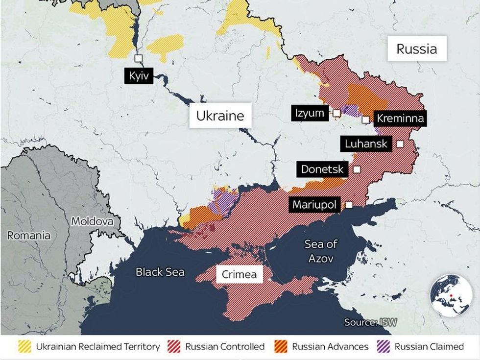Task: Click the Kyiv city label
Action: point(139,76)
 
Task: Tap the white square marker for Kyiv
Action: point(139,58)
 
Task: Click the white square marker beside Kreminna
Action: point(365,120)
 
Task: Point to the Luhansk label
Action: point(366,144)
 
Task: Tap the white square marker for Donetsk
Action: point(357,169)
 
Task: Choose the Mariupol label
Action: point(314,205)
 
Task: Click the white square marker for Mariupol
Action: point(349,205)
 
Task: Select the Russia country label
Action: point(416,49)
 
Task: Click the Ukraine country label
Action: point(220,116)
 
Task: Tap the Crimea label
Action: point(239,274)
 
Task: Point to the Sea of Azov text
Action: point(321,251)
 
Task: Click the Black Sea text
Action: point(160,272)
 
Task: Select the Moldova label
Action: point(92,221)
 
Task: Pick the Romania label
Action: point(28,236)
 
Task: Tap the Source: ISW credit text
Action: point(370,322)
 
